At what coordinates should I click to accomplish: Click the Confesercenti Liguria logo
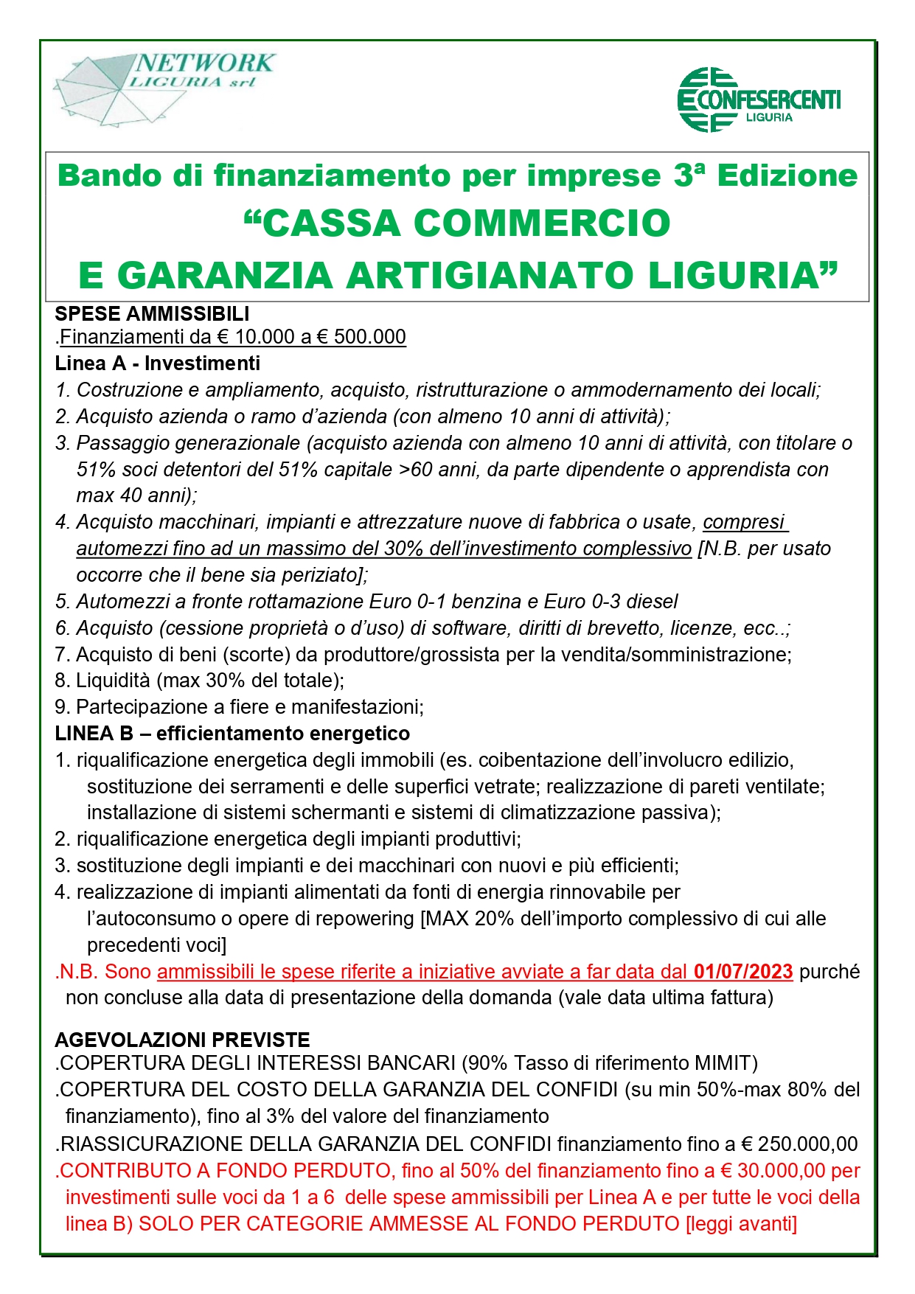[x=759, y=100]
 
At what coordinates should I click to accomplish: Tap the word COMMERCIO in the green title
[x=542, y=223]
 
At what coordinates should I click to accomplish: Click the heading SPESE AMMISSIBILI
[x=152, y=314]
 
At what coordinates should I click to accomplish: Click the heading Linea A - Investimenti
[x=157, y=363]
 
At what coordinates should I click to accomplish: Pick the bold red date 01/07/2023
[x=742, y=971]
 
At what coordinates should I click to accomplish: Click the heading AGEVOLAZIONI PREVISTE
[x=182, y=1040]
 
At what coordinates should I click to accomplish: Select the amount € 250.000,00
[x=799, y=1144]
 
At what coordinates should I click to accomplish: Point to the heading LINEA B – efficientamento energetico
[x=232, y=734]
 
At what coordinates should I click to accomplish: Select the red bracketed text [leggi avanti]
[x=741, y=1223]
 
